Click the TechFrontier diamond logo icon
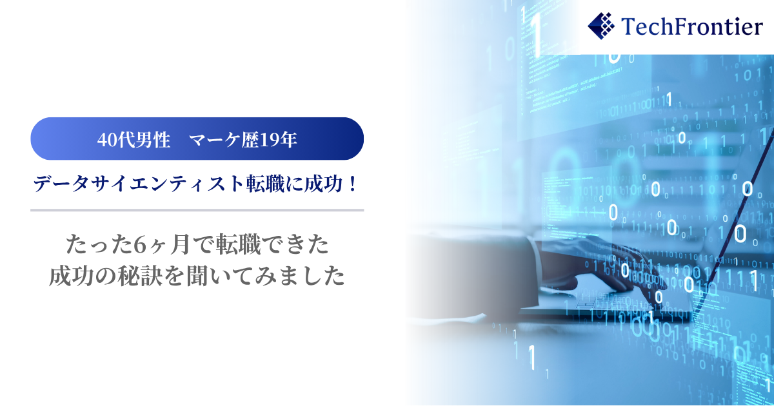pyautogui.click(x=601, y=26)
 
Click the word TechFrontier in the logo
pyautogui.click(x=691, y=26)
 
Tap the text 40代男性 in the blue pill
pyautogui.click(x=134, y=140)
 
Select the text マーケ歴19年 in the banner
pyautogui.click(x=243, y=140)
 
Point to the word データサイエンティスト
pyautogui.click(x=139, y=184)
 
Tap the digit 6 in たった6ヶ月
pyautogui.click(x=141, y=245)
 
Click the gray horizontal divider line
pyautogui.click(x=197, y=210)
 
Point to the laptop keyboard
pyautogui.click(x=608, y=304)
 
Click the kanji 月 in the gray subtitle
pyautogui.click(x=181, y=245)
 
